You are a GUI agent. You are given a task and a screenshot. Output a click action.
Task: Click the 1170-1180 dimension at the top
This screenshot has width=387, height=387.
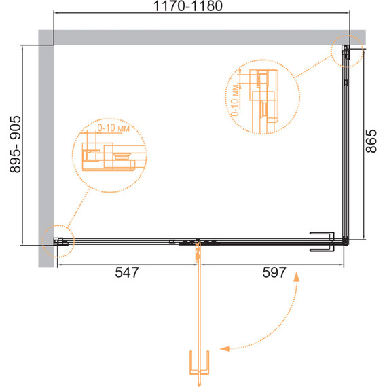(188, 6)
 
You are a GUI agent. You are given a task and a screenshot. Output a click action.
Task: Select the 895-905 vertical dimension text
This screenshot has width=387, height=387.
(16, 145)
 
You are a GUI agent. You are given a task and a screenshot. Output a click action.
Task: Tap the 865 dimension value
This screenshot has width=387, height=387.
(371, 141)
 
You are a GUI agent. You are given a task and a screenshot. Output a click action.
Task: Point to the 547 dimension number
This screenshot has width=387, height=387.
(127, 272)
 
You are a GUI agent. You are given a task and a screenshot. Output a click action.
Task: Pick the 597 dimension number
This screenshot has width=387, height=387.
(274, 272)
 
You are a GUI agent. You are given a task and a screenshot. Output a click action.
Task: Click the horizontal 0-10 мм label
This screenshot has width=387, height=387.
(113, 128)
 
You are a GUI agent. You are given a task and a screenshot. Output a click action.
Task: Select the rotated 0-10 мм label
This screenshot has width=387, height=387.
(236, 100)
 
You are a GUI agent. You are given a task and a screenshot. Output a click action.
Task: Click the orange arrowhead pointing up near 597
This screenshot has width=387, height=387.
(297, 277)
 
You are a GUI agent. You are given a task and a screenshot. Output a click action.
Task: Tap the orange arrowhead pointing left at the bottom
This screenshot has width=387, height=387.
(225, 348)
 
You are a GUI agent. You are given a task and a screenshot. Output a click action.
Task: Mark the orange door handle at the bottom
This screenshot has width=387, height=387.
(199, 363)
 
